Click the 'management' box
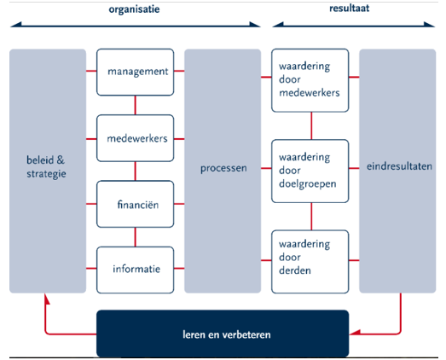click(x=136, y=72)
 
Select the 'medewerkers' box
click(x=136, y=138)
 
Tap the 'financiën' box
click(x=136, y=203)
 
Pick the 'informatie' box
click(x=136, y=269)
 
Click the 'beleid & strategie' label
click(x=47, y=166)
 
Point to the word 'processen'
click(x=223, y=168)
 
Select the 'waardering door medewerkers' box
click(x=310, y=80)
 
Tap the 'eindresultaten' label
click(x=397, y=168)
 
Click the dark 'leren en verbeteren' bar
click(x=223, y=334)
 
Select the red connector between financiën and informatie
click(x=136, y=236)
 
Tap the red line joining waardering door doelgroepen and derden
click(x=310, y=217)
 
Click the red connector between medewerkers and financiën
click(x=136, y=171)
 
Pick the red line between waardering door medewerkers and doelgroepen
click(x=310, y=126)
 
